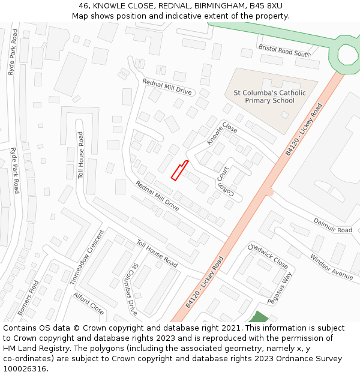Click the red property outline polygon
[x=179, y=170]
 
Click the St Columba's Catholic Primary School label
[x=269, y=97]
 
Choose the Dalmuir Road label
[x=332, y=226]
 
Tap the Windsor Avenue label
[x=331, y=266]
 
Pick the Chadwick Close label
[x=268, y=255]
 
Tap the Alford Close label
[x=89, y=304]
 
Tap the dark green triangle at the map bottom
[x=259, y=317]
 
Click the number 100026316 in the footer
[x=25, y=369]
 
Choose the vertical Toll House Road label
[x=80, y=155]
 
